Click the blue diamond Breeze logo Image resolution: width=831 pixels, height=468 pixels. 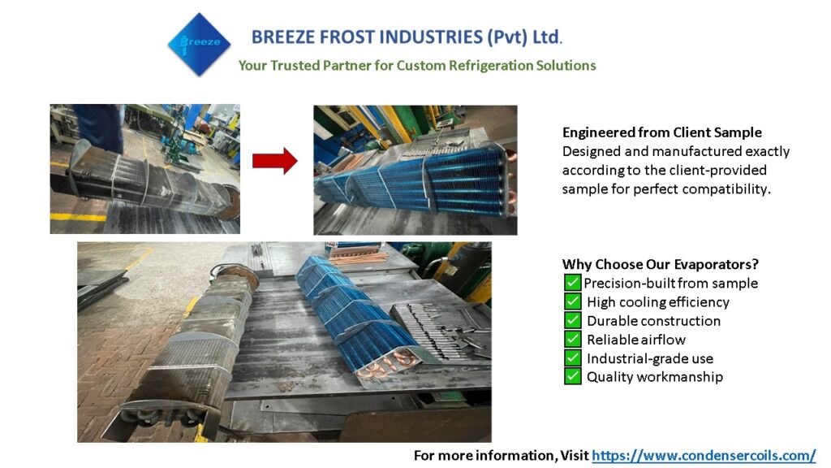pos(200,45)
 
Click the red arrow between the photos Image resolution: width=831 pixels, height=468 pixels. pos(274,161)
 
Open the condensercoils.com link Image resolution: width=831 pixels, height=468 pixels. pos(704,455)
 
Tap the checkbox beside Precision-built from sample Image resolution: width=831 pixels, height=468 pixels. pos(572,282)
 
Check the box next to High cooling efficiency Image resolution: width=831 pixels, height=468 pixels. pos(572,301)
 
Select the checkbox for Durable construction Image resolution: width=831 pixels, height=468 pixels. pos(572,320)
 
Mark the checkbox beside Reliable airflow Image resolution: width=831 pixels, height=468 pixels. pos(572,339)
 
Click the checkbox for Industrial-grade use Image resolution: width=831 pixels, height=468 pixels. pos(572,357)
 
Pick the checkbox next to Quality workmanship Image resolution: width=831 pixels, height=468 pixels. pos(572,376)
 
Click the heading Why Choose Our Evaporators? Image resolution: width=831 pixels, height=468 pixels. pos(661,264)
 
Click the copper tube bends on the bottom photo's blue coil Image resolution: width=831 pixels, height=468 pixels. pos(386,366)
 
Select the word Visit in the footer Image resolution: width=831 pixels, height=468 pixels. pos(575,455)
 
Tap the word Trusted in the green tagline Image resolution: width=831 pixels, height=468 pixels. pos(294,65)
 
